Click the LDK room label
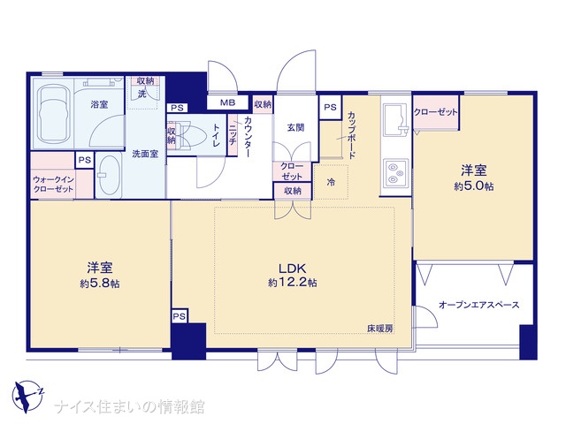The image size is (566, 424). (x=292, y=269)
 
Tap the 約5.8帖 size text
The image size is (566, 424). (x=100, y=284)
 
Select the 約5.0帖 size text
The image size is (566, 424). (x=474, y=186)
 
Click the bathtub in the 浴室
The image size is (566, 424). (x=53, y=114)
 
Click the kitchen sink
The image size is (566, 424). (x=395, y=119)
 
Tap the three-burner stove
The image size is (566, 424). (x=395, y=174)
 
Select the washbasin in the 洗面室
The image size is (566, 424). (x=109, y=175)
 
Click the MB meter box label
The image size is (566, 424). (x=227, y=102)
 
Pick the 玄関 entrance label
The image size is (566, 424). (x=295, y=127)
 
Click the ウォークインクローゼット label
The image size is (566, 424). (x=53, y=185)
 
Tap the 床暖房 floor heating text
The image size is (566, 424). (x=380, y=329)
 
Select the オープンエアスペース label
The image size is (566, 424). (x=479, y=305)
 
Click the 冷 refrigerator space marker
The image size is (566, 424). (x=331, y=182)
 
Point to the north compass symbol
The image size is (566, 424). (x=27, y=397)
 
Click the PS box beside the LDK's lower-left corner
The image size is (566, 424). (x=179, y=316)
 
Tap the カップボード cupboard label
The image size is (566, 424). (x=352, y=135)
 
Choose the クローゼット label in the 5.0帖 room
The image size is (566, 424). (x=435, y=112)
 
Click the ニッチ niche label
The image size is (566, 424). (x=232, y=135)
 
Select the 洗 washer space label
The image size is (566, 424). (x=142, y=94)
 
